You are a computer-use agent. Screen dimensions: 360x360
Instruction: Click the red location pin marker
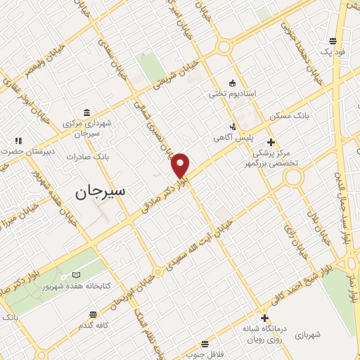[x=181, y=165]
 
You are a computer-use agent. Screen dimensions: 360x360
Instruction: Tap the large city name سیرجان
[x=99, y=191]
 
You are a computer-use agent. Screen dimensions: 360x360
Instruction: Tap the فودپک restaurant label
[x=332, y=52]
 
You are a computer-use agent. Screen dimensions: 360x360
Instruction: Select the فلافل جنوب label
[x=205, y=355]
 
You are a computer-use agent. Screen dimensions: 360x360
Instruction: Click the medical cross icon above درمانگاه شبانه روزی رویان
[x=264, y=317]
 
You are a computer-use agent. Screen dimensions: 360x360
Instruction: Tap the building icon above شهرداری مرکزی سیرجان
[x=86, y=112]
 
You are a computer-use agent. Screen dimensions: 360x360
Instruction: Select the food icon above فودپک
[x=332, y=41]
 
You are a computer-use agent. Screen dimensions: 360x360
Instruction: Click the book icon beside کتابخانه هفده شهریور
[x=76, y=275]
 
